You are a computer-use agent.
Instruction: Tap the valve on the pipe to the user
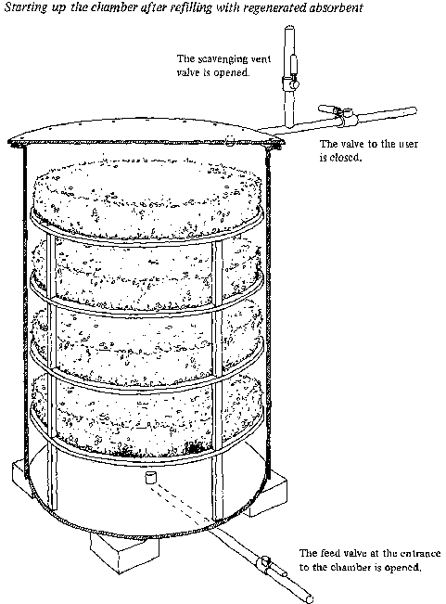339,114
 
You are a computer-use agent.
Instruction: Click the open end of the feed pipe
310,598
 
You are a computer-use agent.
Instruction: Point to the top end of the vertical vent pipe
289,28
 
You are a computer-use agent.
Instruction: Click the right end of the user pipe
414,111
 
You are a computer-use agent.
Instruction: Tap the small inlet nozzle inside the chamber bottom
150,477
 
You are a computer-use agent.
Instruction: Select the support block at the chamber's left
19,477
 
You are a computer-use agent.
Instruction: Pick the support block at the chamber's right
270,496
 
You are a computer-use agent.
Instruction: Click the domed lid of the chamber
147,132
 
